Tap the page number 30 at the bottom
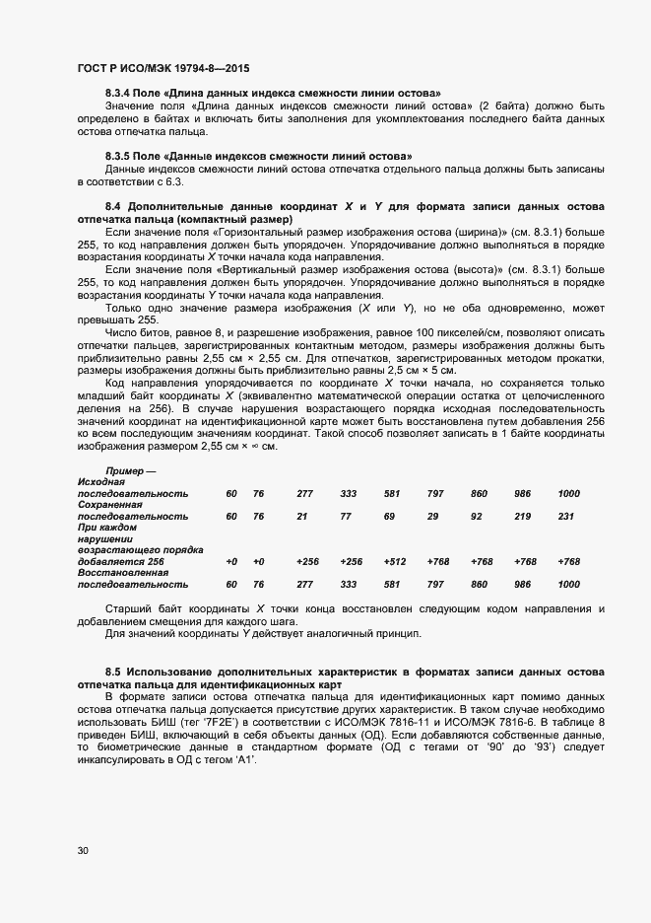tap(83, 850)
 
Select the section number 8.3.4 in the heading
tap(120, 93)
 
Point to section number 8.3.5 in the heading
tap(120, 157)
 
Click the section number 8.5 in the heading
tap(112, 671)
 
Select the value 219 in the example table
tap(522, 516)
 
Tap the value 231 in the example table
tap(565, 516)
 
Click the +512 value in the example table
tap(394, 561)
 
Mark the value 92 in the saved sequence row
tap(477, 516)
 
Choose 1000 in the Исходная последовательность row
tap(568, 493)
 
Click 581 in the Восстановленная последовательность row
tap(391, 584)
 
